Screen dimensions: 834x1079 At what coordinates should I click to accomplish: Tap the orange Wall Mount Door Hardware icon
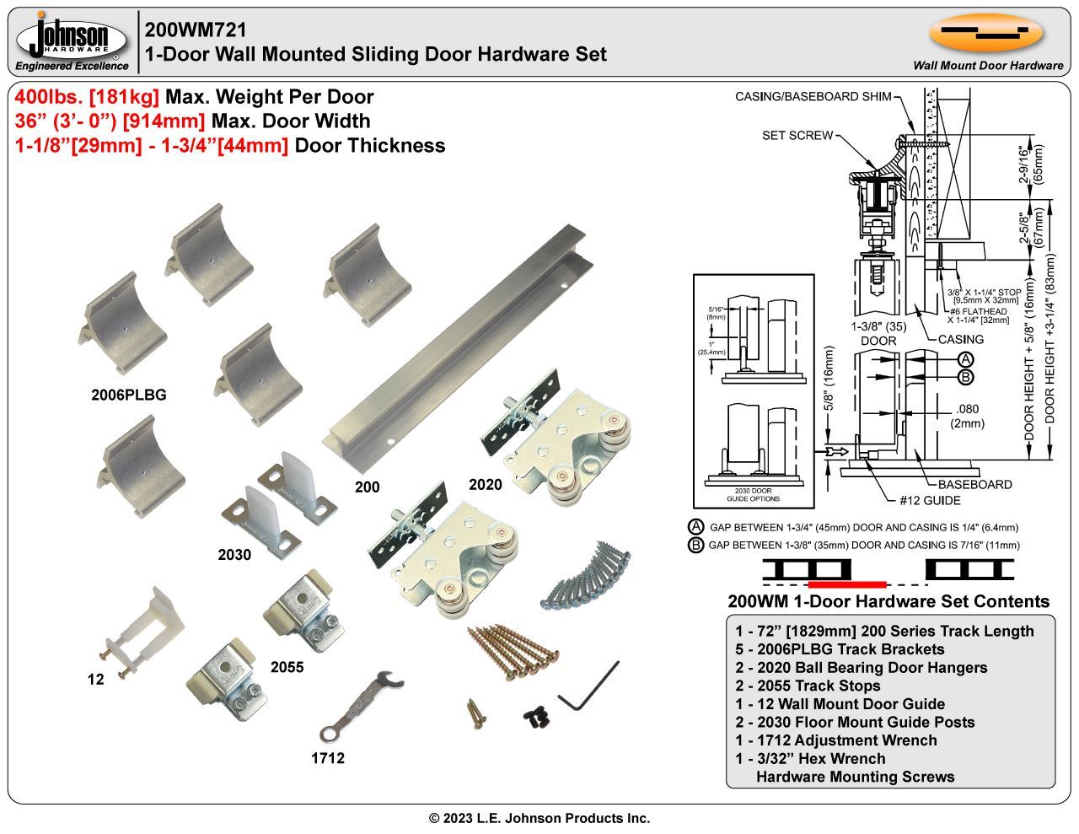pyautogui.click(x=986, y=33)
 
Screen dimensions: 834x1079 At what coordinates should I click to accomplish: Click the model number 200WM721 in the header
pyautogui.click(x=196, y=30)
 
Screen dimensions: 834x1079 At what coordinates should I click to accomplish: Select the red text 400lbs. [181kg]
pyautogui.click(x=87, y=97)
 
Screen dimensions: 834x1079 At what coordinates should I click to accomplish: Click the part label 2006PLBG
pyautogui.click(x=129, y=395)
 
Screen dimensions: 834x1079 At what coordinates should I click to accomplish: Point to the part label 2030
pyautogui.click(x=234, y=555)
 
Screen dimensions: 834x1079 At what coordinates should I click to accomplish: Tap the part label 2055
pyautogui.click(x=287, y=667)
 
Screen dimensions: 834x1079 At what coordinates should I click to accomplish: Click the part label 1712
pyautogui.click(x=327, y=758)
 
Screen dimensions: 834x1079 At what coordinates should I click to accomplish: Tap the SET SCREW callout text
pyautogui.click(x=797, y=135)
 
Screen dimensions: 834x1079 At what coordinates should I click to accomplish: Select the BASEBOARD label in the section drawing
pyautogui.click(x=974, y=484)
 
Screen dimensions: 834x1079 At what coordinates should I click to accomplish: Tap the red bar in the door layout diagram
pyautogui.click(x=846, y=584)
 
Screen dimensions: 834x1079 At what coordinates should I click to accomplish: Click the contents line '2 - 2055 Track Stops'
pyautogui.click(x=808, y=686)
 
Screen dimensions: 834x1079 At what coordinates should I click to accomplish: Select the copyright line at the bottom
pyautogui.click(x=539, y=818)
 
